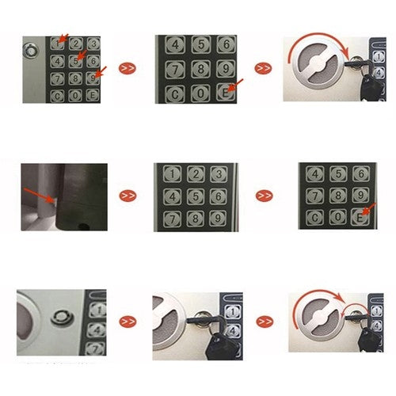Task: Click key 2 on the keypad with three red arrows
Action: pyautogui.click(x=76, y=44)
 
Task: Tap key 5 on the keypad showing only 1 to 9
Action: pyautogui.click(x=195, y=196)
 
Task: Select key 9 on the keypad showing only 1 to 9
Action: pyautogui.click(x=217, y=218)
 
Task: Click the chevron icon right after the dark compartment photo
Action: pyautogui.click(x=128, y=195)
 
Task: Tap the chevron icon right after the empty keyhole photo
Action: pyautogui.click(x=128, y=322)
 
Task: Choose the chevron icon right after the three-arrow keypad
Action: pyautogui.click(x=128, y=68)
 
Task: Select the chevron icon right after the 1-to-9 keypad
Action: pyautogui.click(x=264, y=195)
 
